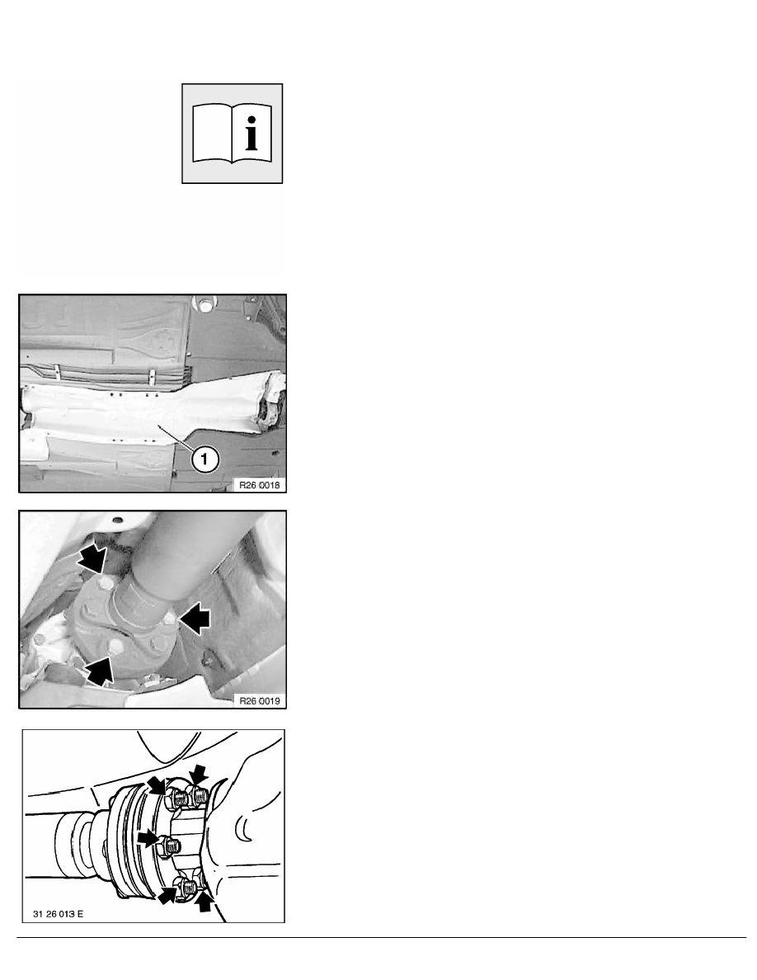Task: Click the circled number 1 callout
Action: (x=205, y=459)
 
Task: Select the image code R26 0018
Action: (x=259, y=485)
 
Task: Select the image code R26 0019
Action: (x=259, y=700)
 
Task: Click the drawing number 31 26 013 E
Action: (x=58, y=914)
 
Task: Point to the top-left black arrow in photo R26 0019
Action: (x=92, y=558)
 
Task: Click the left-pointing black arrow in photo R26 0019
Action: (x=195, y=619)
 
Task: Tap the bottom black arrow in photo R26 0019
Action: (x=100, y=669)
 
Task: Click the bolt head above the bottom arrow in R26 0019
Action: (x=115, y=646)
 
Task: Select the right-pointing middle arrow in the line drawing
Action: (x=148, y=839)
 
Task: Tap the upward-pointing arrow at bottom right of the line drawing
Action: (x=205, y=902)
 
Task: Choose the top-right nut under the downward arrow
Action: (x=200, y=795)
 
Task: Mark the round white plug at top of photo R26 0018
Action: (x=203, y=306)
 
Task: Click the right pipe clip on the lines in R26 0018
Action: (x=152, y=377)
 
